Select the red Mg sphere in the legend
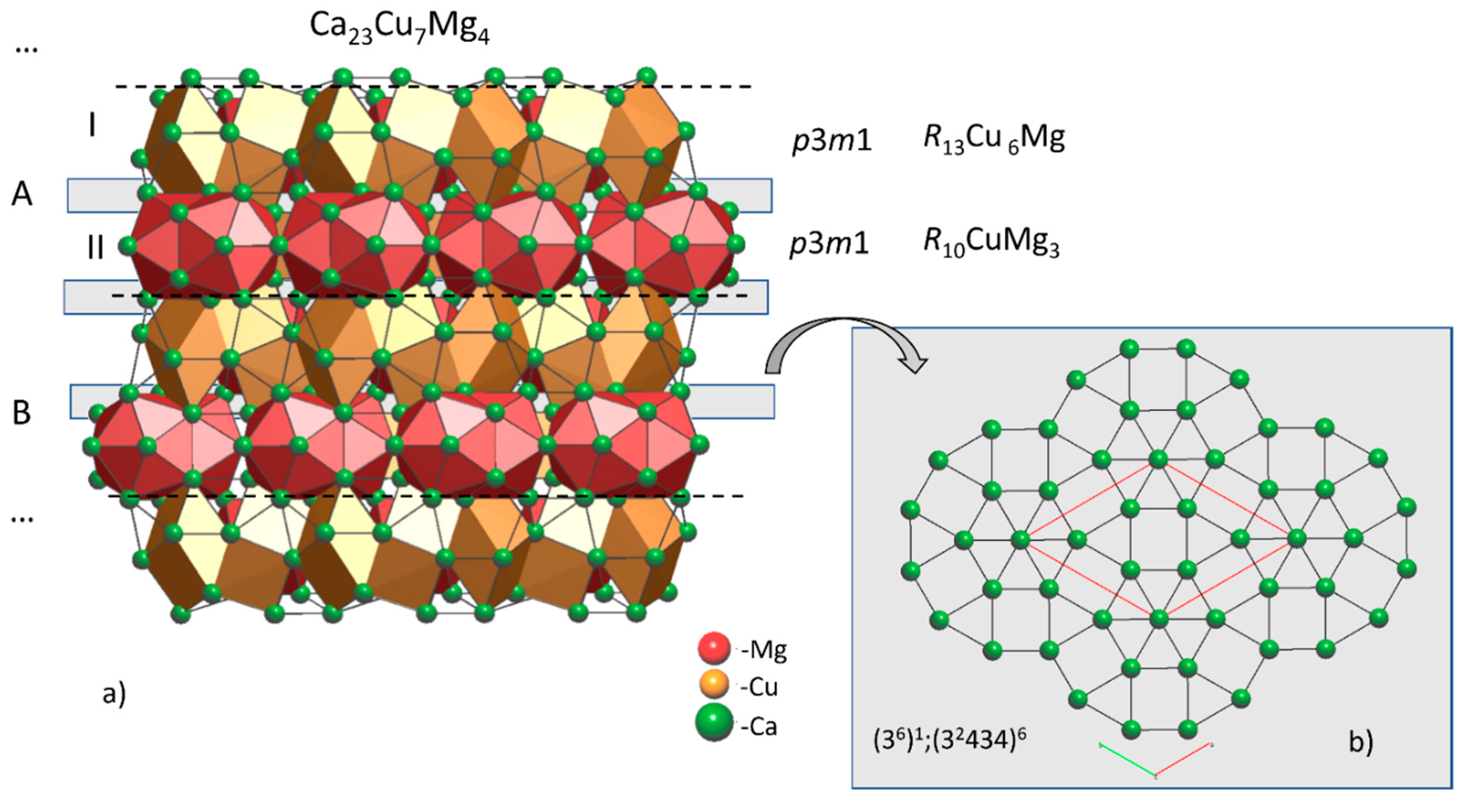pyautogui.click(x=713, y=648)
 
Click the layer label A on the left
pyautogui.click(x=22, y=194)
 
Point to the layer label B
pyautogui.click(x=22, y=413)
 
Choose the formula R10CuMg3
pyautogui.click(x=991, y=243)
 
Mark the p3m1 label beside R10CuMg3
pyautogui.click(x=829, y=244)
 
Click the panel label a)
pyautogui.click(x=114, y=694)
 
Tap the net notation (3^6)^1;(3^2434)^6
pyautogui.click(x=949, y=740)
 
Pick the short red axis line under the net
pyautogui.click(x=1184, y=760)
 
